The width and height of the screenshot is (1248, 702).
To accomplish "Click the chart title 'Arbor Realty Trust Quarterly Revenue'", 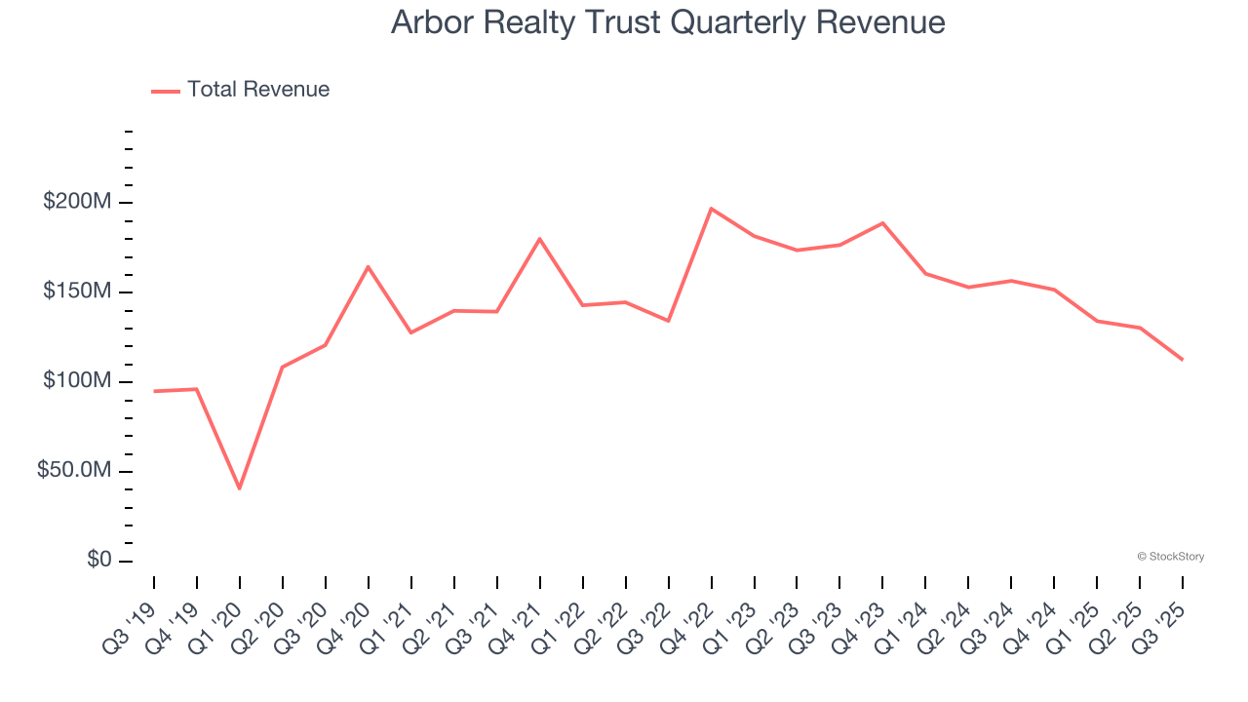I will point(668,21).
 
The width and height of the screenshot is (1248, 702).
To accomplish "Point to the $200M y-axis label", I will point(76,203).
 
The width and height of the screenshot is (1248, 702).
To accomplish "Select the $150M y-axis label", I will point(76,292).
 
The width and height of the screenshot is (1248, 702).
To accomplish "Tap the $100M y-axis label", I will point(76,381).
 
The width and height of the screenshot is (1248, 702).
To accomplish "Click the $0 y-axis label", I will point(99,561).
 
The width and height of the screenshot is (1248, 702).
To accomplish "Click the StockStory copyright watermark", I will point(1170,557).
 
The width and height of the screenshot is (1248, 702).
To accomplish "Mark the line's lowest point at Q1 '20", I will point(240,488).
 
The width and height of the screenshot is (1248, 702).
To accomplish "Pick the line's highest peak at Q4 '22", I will point(712,209).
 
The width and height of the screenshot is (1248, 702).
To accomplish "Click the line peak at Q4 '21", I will point(540,239).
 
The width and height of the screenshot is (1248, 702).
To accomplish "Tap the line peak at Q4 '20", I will point(369,266).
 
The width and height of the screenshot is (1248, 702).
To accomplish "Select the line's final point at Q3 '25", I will point(1183,360).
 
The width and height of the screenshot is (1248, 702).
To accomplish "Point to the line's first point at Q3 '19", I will point(154,391).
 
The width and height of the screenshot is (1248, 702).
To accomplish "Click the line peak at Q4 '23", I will point(883,223).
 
